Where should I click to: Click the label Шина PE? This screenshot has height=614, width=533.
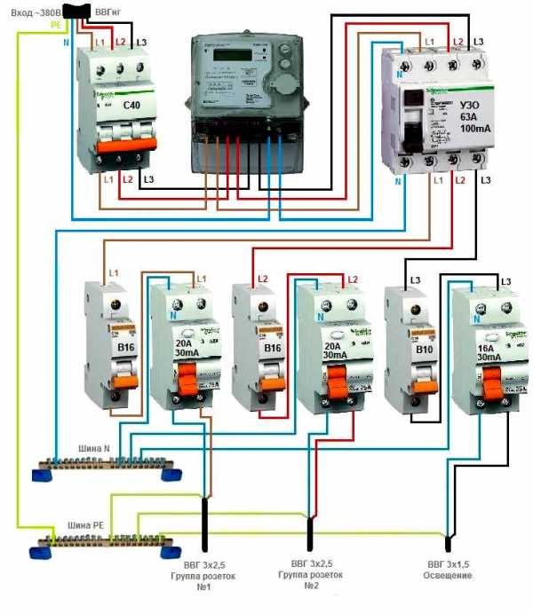pos(85,525)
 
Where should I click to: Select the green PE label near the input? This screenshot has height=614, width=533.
pos(56,26)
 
